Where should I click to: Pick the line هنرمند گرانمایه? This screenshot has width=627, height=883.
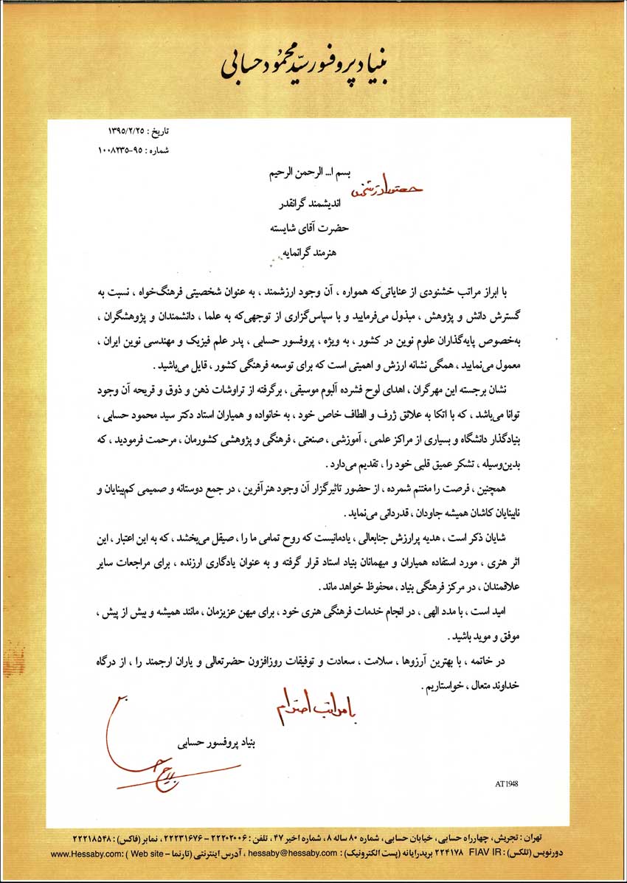[312, 253]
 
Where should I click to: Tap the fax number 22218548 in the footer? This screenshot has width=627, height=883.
[96, 839]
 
